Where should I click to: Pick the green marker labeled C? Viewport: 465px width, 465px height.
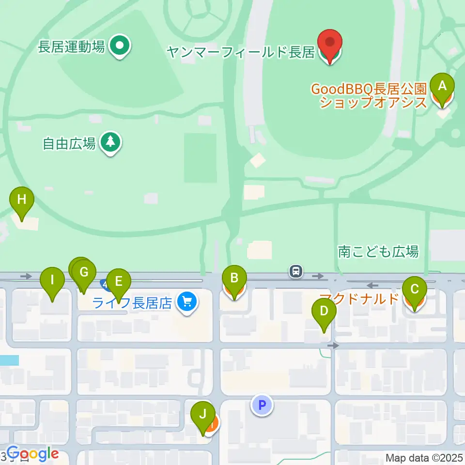(414, 290)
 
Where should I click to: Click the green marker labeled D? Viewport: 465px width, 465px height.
(324, 313)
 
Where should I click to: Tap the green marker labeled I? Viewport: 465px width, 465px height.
(52, 281)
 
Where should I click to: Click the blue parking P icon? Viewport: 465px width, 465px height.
(262, 405)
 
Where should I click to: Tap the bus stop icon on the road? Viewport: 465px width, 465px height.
(295, 271)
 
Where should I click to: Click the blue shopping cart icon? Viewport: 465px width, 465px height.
(186, 303)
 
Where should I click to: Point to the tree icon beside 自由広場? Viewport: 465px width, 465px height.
(111, 142)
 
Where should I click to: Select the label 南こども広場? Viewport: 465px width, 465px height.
(378, 251)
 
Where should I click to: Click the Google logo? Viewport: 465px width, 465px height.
(32, 454)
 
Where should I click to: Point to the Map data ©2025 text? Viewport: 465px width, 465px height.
(424, 458)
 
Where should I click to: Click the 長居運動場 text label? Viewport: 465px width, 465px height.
(71, 47)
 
